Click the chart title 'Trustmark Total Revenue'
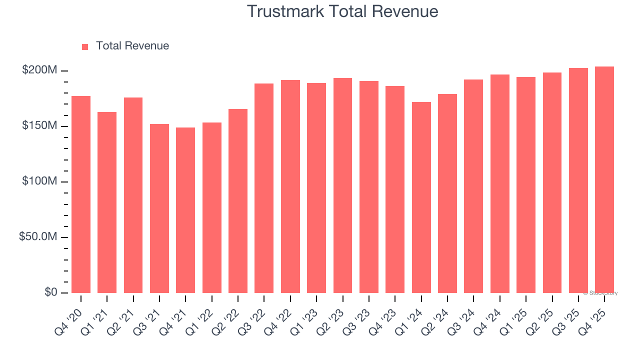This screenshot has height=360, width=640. [342, 11]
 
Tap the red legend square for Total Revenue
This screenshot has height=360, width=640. [85, 46]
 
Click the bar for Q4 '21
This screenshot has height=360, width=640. [185, 210]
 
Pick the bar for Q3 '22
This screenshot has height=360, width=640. [264, 188]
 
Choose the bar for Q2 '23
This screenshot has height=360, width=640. [342, 185]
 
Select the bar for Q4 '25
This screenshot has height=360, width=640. [604, 179]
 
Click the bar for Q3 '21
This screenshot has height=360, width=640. [159, 208]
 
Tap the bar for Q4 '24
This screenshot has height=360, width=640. [499, 183]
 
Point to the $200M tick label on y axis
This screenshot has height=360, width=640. [39, 70]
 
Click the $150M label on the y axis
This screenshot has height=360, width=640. [39, 126]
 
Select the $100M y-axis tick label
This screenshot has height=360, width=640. [39, 181]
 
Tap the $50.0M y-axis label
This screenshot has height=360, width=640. [37, 237]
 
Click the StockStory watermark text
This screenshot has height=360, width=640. [600, 293]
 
